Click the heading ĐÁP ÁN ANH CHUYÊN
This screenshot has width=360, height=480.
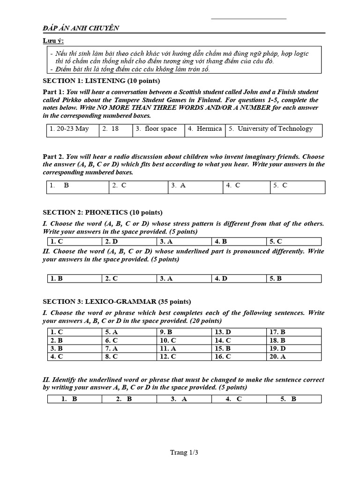click(x=81, y=28)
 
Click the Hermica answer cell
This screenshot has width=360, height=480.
click(x=205, y=129)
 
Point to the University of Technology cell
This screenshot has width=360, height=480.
click(x=275, y=129)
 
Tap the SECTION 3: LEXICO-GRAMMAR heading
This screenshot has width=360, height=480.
click(x=117, y=301)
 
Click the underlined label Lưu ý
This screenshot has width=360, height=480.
click(x=53, y=41)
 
